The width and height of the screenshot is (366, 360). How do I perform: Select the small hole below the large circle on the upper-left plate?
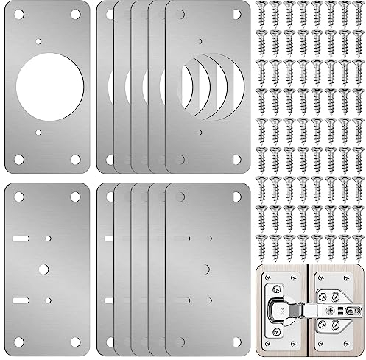[x=39, y=133]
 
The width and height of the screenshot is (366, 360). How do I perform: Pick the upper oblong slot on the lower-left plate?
[x=21, y=238]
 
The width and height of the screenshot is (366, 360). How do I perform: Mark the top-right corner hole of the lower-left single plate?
[x=76, y=197]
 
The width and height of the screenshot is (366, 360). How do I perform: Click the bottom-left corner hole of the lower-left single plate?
[x=14, y=342]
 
